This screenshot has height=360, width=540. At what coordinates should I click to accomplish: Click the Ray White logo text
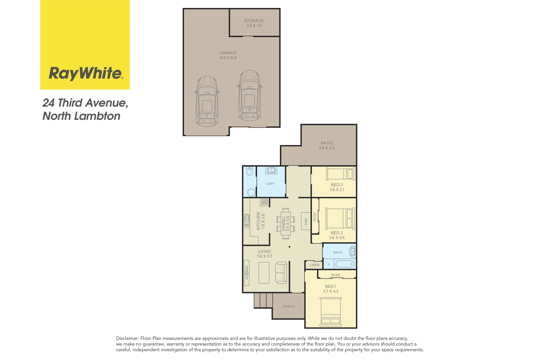(x=86, y=73)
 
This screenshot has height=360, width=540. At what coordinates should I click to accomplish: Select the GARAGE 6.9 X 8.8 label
(x=228, y=55)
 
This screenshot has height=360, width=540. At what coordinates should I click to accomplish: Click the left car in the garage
(x=207, y=101)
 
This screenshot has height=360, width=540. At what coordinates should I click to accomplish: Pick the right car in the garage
(x=249, y=96)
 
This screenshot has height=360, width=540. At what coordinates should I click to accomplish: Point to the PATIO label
(x=327, y=145)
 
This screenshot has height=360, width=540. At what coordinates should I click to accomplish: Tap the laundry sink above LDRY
(x=271, y=170)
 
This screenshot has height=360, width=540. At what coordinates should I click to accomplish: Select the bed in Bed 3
(x=340, y=174)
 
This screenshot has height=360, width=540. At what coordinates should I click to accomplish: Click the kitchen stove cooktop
(x=265, y=202)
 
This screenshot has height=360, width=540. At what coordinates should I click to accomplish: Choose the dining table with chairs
(x=286, y=224)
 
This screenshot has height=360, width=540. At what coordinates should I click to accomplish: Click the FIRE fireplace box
(x=306, y=221)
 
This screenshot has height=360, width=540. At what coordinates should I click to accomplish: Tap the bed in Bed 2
(x=340, y=218)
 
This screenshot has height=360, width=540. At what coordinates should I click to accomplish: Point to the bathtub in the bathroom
(x=345, y=264)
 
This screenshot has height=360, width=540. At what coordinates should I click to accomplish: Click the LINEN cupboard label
(x=314, y=265)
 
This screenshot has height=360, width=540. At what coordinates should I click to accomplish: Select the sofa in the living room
(x=281, y=272)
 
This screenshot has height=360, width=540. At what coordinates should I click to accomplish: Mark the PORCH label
(x=289, y=306)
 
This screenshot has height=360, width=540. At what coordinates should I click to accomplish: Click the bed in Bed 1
(x=331, y=312)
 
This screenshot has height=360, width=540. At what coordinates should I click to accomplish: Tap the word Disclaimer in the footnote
(x=127, y=338)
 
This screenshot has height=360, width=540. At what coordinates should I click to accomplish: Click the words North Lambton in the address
(x=81, y=116)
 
